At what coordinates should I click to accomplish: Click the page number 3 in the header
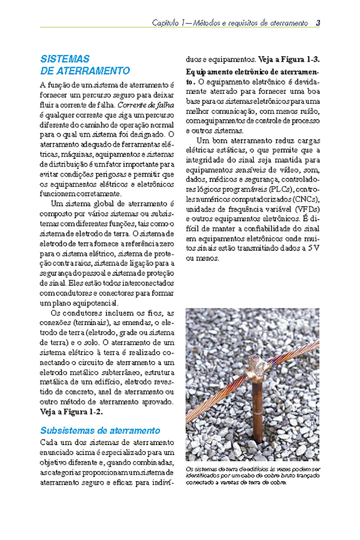click(318, 23)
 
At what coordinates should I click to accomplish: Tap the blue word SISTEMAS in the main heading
click(65, 59)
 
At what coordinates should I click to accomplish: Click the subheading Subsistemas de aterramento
click(100, 430)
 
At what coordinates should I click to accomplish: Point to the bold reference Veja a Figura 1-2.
click(71, 411)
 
